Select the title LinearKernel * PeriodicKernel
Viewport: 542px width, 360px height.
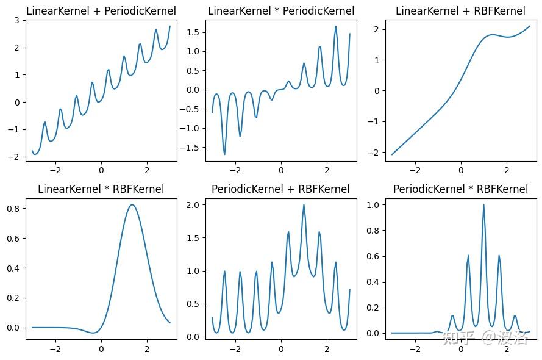[x=281, y=10]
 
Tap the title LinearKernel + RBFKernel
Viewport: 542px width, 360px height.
[x=460, y=10]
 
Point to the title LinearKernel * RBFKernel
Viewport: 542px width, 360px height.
[x=101, y=189]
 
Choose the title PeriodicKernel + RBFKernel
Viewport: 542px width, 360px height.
[x=281, y=189]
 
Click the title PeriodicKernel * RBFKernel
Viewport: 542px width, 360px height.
[x=460, y=189]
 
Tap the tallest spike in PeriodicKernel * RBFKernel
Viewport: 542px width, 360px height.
[x=483, y=205]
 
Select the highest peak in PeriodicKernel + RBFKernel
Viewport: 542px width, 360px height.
[x=304, y=205]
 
